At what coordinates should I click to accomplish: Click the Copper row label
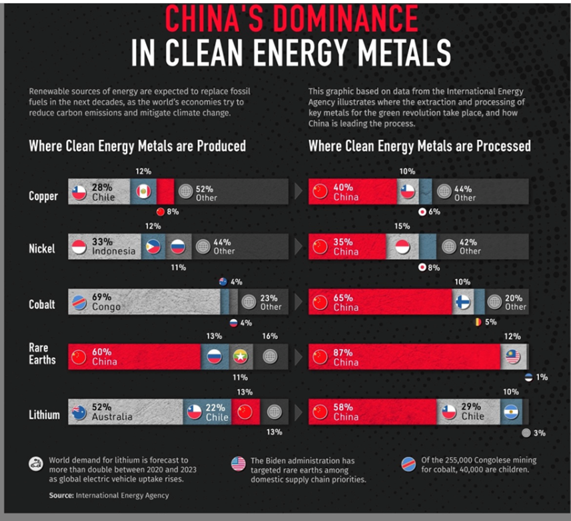pos(43,196)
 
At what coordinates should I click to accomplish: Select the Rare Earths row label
pos(43,354)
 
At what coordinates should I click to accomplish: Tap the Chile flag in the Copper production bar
pos(79,193)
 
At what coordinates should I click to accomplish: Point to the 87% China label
pos(346,356)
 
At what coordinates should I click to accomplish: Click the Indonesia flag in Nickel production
pos(79,247)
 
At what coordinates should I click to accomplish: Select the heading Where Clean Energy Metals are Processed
pos(419,145)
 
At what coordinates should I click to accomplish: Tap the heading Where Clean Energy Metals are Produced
pos(137,145)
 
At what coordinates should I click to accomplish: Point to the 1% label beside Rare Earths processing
pos(542,377)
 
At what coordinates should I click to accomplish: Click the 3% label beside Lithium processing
pos(539,432)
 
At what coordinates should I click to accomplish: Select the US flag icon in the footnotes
pos(238,464)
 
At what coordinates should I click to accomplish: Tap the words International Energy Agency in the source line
pos(122,495)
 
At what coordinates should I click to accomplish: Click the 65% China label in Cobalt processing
pos(346,302)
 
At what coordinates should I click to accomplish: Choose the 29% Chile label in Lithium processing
pos(472,412)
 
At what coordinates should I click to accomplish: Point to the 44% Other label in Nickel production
pos(224,247)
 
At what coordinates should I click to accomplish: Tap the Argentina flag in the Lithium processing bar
pos(511,412)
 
